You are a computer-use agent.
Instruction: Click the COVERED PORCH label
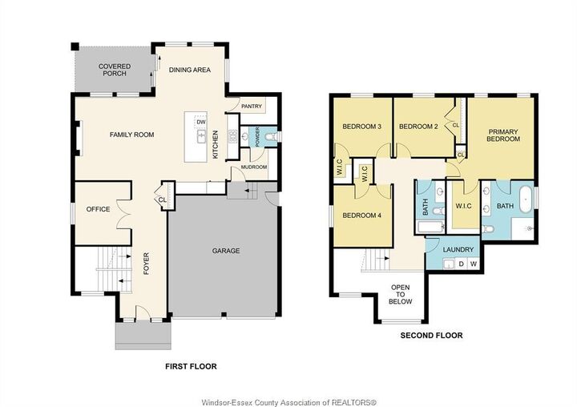pos(115,71)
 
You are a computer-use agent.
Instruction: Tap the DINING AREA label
pos(190,70)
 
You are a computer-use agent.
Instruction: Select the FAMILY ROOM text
pos(131,135)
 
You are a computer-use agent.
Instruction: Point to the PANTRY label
pos(252,106)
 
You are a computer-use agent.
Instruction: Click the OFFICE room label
pos(98,209)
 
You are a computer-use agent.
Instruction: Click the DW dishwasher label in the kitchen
pos(201,123)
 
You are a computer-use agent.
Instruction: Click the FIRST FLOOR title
pos(191,366)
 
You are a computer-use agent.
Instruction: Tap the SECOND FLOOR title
pos(431,336)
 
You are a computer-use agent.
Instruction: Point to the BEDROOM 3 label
pos(361,127)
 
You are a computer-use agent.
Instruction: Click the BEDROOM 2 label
pos(418,127)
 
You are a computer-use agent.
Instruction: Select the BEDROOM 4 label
pos(361,215)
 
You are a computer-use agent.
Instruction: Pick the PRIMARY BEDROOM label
pos(503,135)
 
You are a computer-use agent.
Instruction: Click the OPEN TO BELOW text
pos(401,294)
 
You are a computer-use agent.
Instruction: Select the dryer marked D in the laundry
pos(460,263)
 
